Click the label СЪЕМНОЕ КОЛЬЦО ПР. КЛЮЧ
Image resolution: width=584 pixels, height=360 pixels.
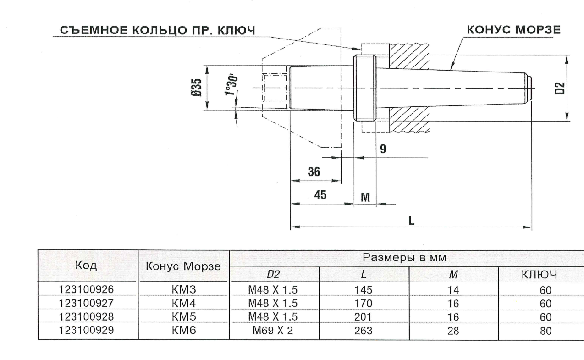[x=157, y=30]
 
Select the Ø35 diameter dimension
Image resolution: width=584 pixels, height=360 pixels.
[x=196, y=88]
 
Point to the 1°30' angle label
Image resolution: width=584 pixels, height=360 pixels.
[x=232, y=85]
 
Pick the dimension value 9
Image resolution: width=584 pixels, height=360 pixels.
[x=383, y=149]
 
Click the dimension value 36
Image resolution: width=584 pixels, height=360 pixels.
[x=314, y=172]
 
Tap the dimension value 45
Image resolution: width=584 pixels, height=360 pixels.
[x=320, y=195]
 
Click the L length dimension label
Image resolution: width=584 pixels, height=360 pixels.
[x=411, y=220]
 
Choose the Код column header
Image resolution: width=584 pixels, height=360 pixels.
[x=87, y=266]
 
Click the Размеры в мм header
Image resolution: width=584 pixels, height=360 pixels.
[x=405, y=257]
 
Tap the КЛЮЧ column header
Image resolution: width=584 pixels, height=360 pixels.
[x=541, y=275]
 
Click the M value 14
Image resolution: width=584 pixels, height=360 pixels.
[x=452, y=290]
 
